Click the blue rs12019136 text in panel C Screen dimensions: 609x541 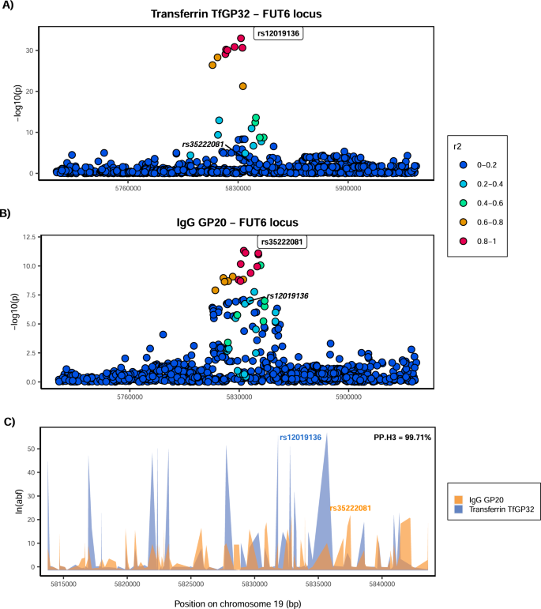pos(299,437)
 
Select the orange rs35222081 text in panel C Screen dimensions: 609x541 pos(350,508)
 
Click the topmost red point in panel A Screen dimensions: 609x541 pos(241,38)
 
